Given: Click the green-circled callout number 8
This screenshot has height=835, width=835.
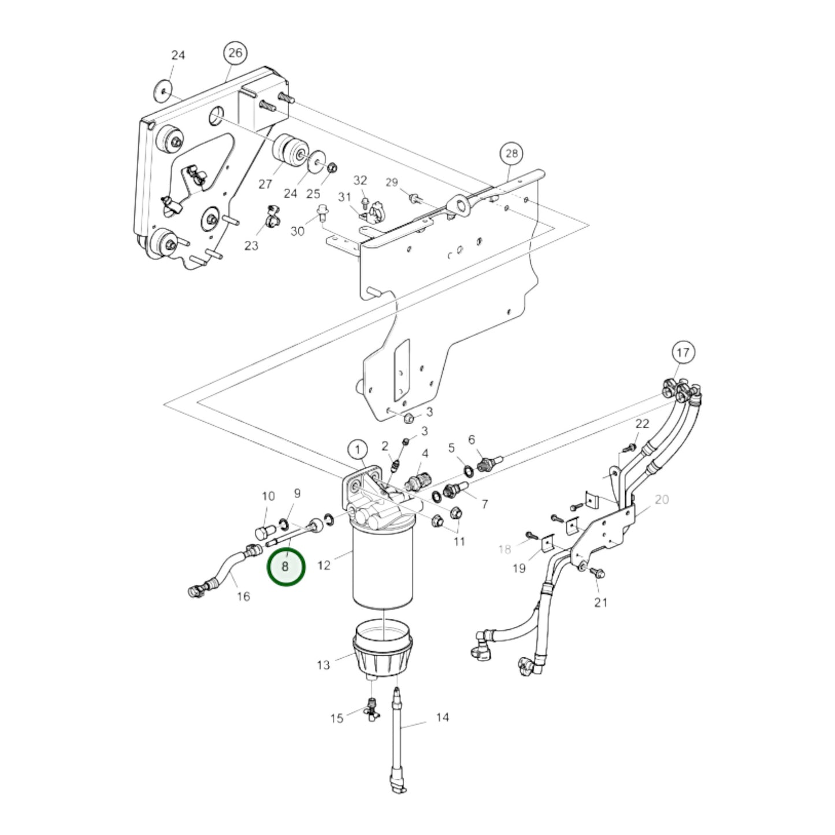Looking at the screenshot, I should [x=285, y=567].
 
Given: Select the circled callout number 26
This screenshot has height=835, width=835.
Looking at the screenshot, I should [x=235, y=54].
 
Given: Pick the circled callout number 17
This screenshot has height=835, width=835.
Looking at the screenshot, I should [x=683, y=352].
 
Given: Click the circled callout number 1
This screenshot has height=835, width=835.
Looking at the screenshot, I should [x=358, y=450].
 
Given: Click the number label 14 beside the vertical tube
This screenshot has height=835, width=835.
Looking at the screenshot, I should [x=442, y=718].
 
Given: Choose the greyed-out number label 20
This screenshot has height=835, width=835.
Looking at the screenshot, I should [x=662, y=499].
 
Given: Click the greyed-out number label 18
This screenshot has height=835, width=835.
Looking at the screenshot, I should [x=504, y=549].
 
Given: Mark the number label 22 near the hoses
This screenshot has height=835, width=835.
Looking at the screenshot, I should [x=643, y=424].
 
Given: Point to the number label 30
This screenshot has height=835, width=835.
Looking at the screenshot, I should [x=297, y=231].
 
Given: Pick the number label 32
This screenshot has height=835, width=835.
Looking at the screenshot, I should [x=360, y=181].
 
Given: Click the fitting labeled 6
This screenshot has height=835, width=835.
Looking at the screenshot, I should [x=488, y=463].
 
